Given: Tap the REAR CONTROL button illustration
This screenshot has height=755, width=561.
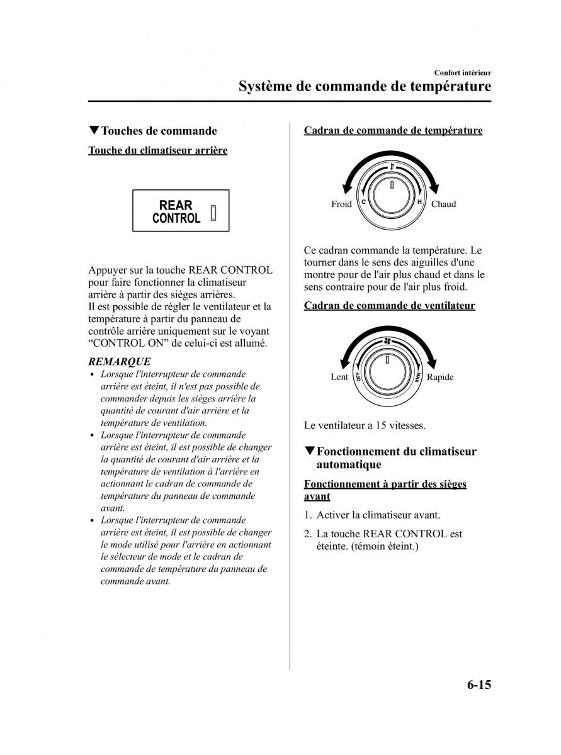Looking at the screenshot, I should pyautogui.click(x=181, y=211).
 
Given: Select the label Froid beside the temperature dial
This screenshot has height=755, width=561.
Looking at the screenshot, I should pyautogui.click(x=341, y=204).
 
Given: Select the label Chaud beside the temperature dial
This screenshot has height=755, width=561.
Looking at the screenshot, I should pyautogui.click(x=443, y=204).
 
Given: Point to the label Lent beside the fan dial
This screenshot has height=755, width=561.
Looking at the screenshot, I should pyautogui.click(x=339, y=377).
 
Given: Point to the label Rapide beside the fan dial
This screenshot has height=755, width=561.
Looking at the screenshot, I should pyautogui.click(x=440, y=377).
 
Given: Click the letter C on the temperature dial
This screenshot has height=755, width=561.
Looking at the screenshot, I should pyautogui.click(x=363, y=202).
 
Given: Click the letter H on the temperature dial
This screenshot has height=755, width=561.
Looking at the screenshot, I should pyautogui.click(x=419, y=202).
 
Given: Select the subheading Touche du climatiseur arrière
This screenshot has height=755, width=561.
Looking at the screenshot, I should pyautogui.click(x=157, y=150).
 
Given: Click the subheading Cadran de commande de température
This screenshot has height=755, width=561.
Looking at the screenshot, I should pyautogui.click(x=393, y=131).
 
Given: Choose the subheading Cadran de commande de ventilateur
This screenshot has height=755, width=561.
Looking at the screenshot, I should pyautogui.click(x=389, y=306).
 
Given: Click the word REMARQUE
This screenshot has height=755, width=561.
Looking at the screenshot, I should pyautogui.click(x=120, y=361).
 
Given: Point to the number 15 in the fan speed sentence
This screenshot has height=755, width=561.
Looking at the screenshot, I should pyautogui.click(x=381, y=425).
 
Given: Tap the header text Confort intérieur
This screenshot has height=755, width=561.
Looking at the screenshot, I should pyautogui.click(x=462, y=73).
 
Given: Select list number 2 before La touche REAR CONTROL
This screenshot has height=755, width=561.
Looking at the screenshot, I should pyautogui.click(x=308, y=534).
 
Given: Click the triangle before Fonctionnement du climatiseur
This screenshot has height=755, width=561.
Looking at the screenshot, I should pyautogui.click(x=309, y=451).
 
